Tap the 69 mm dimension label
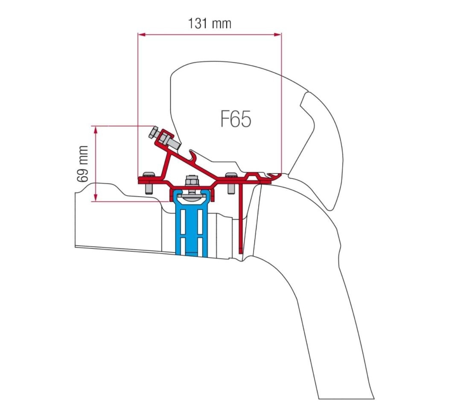[83, 164]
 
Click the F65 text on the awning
[236, 119]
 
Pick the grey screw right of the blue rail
[231, 182]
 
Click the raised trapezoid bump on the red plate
[254, 175]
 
